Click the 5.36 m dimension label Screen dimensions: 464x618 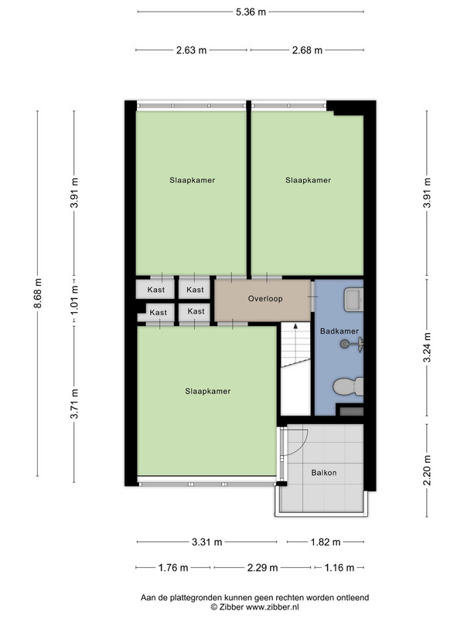point(251,12)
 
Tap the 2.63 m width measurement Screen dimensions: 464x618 point(191,50)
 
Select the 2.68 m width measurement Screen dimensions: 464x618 point(307,50)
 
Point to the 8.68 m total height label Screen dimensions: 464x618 point(37,294)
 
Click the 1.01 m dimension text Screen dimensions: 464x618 point(74,299)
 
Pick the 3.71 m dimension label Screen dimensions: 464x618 point(74,403)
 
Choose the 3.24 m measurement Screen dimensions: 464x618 point(427,348)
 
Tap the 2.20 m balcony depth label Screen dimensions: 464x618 point(427,470)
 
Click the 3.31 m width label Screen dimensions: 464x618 point(206,542)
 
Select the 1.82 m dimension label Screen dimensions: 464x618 point(325,542)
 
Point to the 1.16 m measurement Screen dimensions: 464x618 point(339,568)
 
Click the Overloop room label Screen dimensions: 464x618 point(265,299)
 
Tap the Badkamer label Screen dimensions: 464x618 point(339,331)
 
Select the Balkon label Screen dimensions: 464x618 point(324,473)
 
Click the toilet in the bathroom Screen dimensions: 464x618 point(348,387)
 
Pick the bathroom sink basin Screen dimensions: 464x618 point(353,300)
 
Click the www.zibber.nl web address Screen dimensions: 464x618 point(272,607)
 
